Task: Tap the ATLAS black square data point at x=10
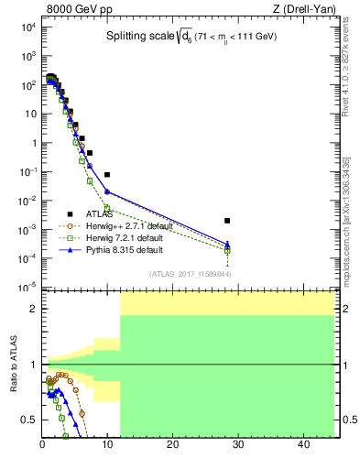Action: coord(107,174)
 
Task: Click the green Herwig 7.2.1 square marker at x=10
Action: coord(107,208)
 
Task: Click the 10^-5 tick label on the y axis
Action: coord(27,287)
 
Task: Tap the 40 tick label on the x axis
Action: coord(303,446)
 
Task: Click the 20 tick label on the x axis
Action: coord(172,446)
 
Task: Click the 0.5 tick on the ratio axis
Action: coord(29,420)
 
